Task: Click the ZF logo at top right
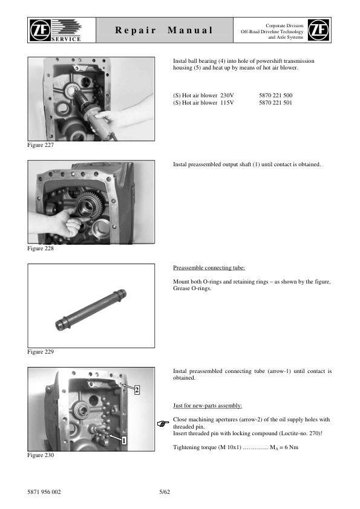pyautogui.click(x=319, y=30)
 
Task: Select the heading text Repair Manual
pyautogui.click(x=165, y=30)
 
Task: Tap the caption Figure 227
pyautogui.click(x=41, y=146)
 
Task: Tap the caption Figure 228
pyautogui.click(x=41, y=248)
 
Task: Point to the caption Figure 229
pyautogui.click(x=41, y=351)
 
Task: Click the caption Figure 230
pyautogui.click(x=41, y=455)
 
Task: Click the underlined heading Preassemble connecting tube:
pyautogui.click(x=209, y=267)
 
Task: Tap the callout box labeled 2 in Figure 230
pyautogui.click(x=137, y=391)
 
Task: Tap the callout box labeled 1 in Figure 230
pyautogui.click(x=123, y=441)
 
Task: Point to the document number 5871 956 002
pyautogui.click(x=44, y=491)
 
